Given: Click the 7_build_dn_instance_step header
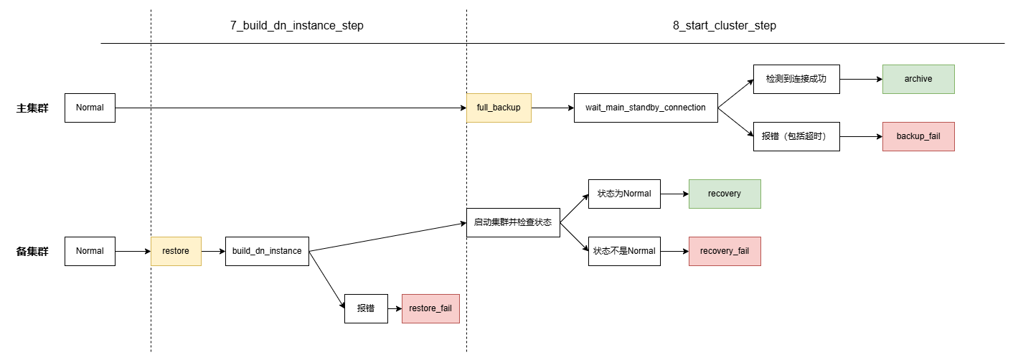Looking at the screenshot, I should click(x=297, y=26).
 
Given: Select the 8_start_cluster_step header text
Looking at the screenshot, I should click(x=725, y=26).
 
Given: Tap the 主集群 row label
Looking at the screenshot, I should click(x=32, y=108).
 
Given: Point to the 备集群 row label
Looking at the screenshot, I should click(x=32, y=252).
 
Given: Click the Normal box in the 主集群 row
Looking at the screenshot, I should click(x=90, y=108).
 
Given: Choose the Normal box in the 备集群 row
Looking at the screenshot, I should click(x=90, y=251).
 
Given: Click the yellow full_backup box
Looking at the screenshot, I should click(x=499, y=108).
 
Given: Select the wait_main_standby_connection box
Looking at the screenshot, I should click(x=646, y=108).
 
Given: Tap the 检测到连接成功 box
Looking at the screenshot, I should click(x=796, y=79).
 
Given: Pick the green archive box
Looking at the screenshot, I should click(x=918, y=79).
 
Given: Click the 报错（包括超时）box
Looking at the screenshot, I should click(x=796, y=136).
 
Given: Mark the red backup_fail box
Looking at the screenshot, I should click(x=918, y=136).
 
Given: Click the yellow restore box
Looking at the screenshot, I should click(x=176, y=251).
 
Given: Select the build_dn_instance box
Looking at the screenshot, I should click(x=267, y=251).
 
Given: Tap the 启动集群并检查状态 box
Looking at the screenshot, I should click(x=513, y=222).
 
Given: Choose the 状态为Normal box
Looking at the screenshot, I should click(x=624, y=194).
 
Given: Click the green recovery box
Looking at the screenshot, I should click(x=725, y=194).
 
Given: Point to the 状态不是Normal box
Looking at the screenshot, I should click(x=624, y=251).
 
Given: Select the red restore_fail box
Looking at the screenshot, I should click(x=430, y=308).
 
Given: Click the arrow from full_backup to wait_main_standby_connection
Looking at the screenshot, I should click(x=552, y=108).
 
